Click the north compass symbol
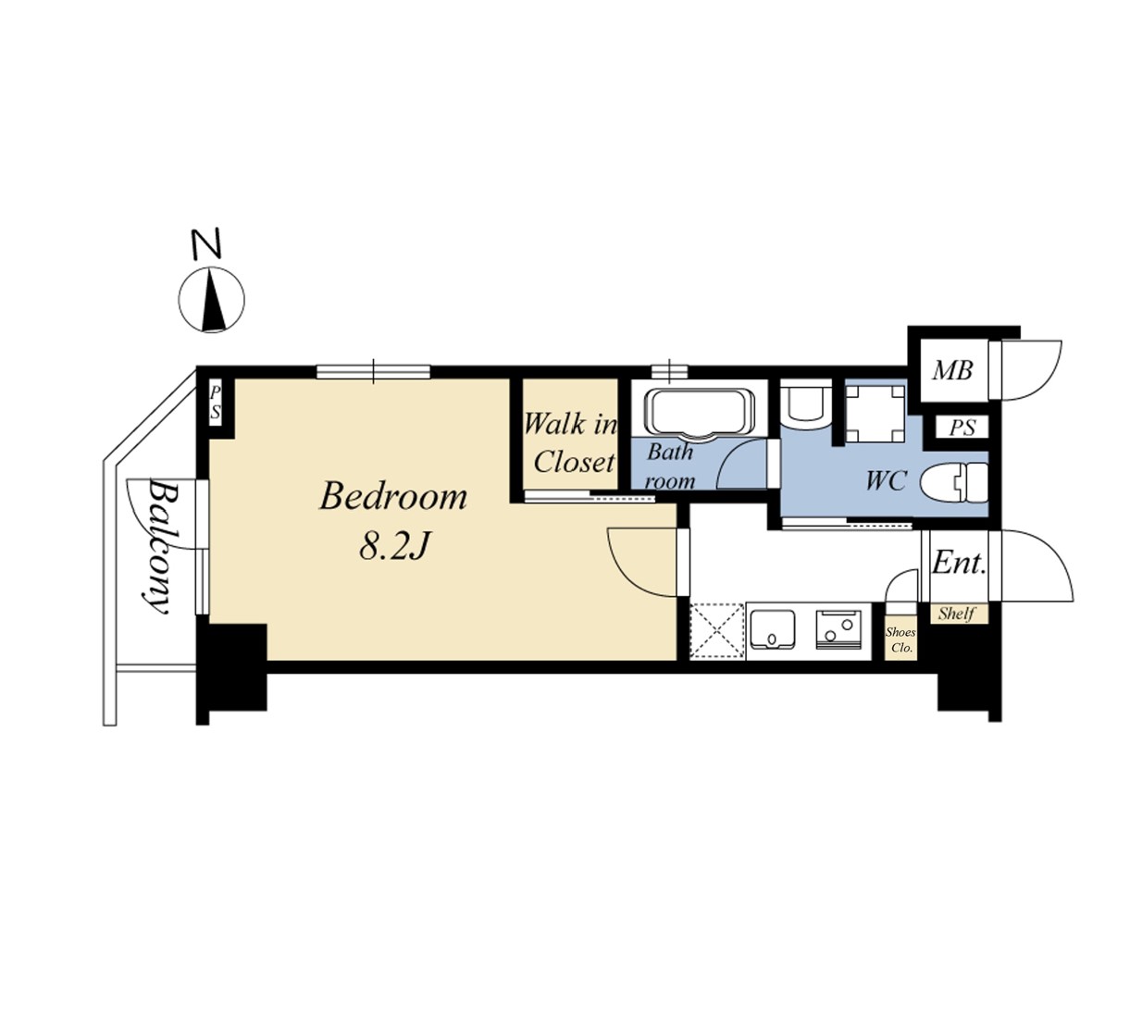coord(211,299)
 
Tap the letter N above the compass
coord(206,244)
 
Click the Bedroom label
coord(393,497)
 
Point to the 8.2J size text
coord(394,546)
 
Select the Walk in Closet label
coord(570,443)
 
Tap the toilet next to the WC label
coord(954,482)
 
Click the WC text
coord(886,480)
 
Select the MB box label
coord(952,370)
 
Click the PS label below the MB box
coord(962,428)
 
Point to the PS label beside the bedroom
coord(215,403)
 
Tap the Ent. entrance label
coord(958,562)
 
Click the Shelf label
coord(957,614)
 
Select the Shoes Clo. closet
coord(900,639)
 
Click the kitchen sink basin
coord(772,629)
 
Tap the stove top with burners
coord(838,629)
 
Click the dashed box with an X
coord(717,631)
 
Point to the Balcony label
coord(159,546)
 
